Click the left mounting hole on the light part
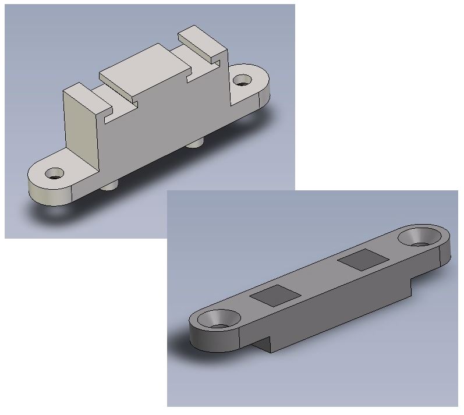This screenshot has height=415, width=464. point(55,173)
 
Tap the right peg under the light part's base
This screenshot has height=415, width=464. point(197,142)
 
